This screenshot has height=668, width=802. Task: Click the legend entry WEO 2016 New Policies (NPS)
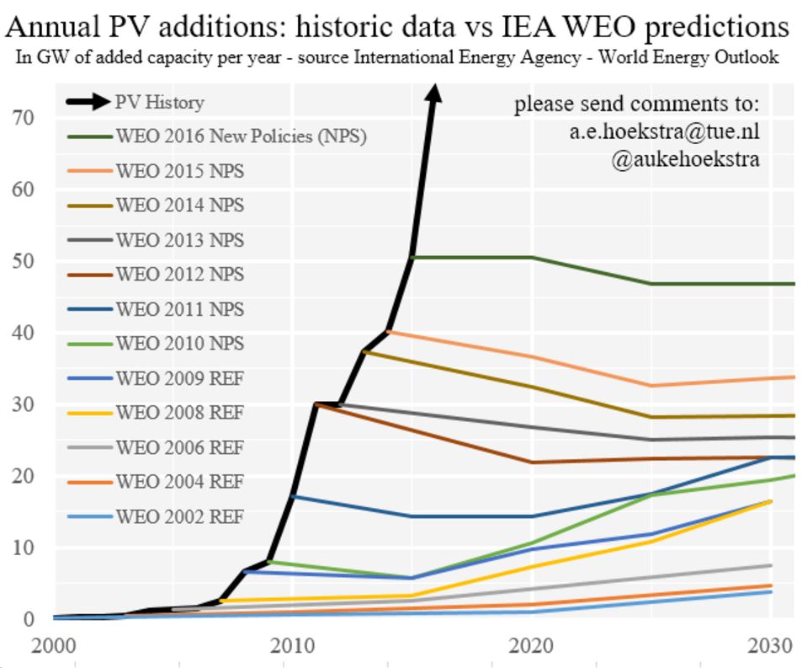point(241,136)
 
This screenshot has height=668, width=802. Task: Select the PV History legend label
point(159,103)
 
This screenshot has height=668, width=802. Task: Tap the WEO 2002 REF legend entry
point(179,516)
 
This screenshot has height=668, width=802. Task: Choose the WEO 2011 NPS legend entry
point(179,309)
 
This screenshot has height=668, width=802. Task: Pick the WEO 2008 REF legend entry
point(179,413)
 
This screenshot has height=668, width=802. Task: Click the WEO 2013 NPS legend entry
point(179,240)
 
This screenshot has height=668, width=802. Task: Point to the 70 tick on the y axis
point(23,117)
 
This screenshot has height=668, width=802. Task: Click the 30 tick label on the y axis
point(23,403)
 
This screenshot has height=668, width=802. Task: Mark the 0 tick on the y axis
point(29,618)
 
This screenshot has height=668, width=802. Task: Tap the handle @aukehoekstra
point(686,158)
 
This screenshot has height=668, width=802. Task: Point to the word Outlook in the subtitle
point(750,57)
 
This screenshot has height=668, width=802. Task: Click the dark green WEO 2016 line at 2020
point(532,257)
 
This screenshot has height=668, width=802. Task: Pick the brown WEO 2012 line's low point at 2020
point(532,462)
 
